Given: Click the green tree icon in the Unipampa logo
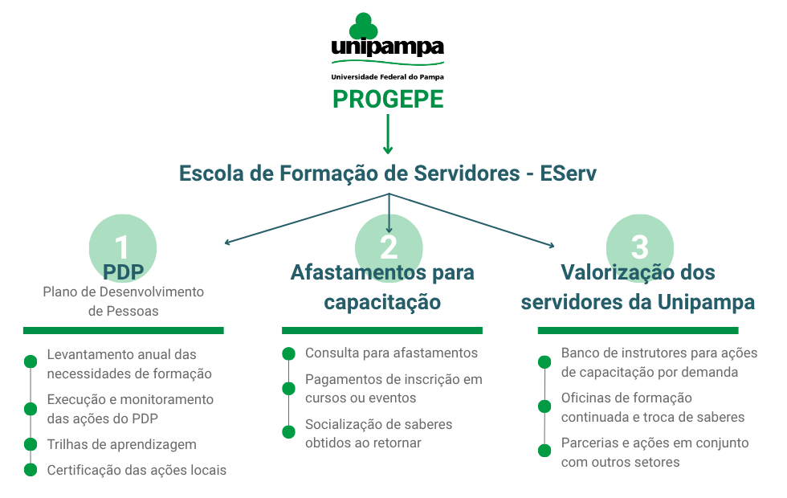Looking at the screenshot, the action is [363, 26].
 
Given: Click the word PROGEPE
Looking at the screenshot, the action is [388, 99].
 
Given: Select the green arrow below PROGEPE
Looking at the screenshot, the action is [387, 134].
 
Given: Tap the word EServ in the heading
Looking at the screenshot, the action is [569, 173].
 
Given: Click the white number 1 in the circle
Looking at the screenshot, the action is [121, 247].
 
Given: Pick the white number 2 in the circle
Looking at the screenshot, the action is [389, 247].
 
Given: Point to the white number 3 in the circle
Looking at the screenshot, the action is [639, 247].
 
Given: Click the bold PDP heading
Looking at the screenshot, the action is [124, 272].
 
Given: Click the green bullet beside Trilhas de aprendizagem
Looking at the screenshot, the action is [31, 444].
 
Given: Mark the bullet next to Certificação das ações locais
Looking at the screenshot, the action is [31, 470].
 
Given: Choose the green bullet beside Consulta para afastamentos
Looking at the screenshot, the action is [288, 353].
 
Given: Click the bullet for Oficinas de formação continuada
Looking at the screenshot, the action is [544, 406].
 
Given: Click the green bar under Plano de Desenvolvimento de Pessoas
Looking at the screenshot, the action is [124, 330].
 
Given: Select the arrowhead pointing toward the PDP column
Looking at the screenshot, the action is [227, 242].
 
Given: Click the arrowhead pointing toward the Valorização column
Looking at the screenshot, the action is [552, 245].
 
